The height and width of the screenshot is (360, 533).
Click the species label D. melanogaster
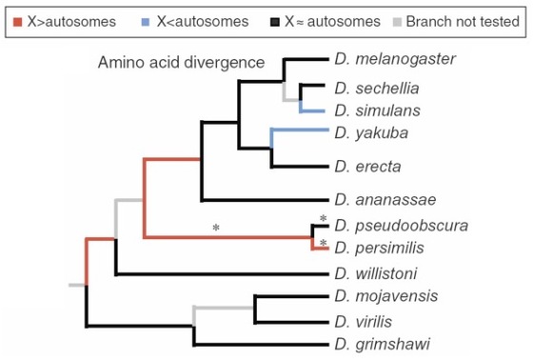pos(395,59)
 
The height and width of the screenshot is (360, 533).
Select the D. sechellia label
pos(377,89)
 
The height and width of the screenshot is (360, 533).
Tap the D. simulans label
pos(377,110)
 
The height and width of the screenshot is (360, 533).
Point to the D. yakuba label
pos(371,133)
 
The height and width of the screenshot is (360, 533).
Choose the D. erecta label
pos(367,167)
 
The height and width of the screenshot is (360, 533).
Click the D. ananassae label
pos(385,200)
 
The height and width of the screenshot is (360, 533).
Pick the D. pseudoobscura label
pos(401,226)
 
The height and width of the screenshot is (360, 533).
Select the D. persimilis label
pos(379,248)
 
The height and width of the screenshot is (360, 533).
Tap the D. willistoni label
pos(376,273)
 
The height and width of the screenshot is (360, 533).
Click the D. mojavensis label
pos(386,296)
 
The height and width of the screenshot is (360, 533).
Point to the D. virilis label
pos(363,322)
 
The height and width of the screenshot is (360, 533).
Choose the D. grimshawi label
pos(382,344)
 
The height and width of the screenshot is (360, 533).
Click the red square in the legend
pos(17,22)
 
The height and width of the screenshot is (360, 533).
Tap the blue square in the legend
pos(145,22)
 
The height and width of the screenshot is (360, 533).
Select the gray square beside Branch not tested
pos(397,22)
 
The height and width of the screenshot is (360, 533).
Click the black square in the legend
pos(275,22)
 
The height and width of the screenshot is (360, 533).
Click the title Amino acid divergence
pos(181,63)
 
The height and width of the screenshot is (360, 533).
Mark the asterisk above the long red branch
pos(216,228)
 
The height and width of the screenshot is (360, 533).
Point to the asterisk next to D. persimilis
pos(324,243)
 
